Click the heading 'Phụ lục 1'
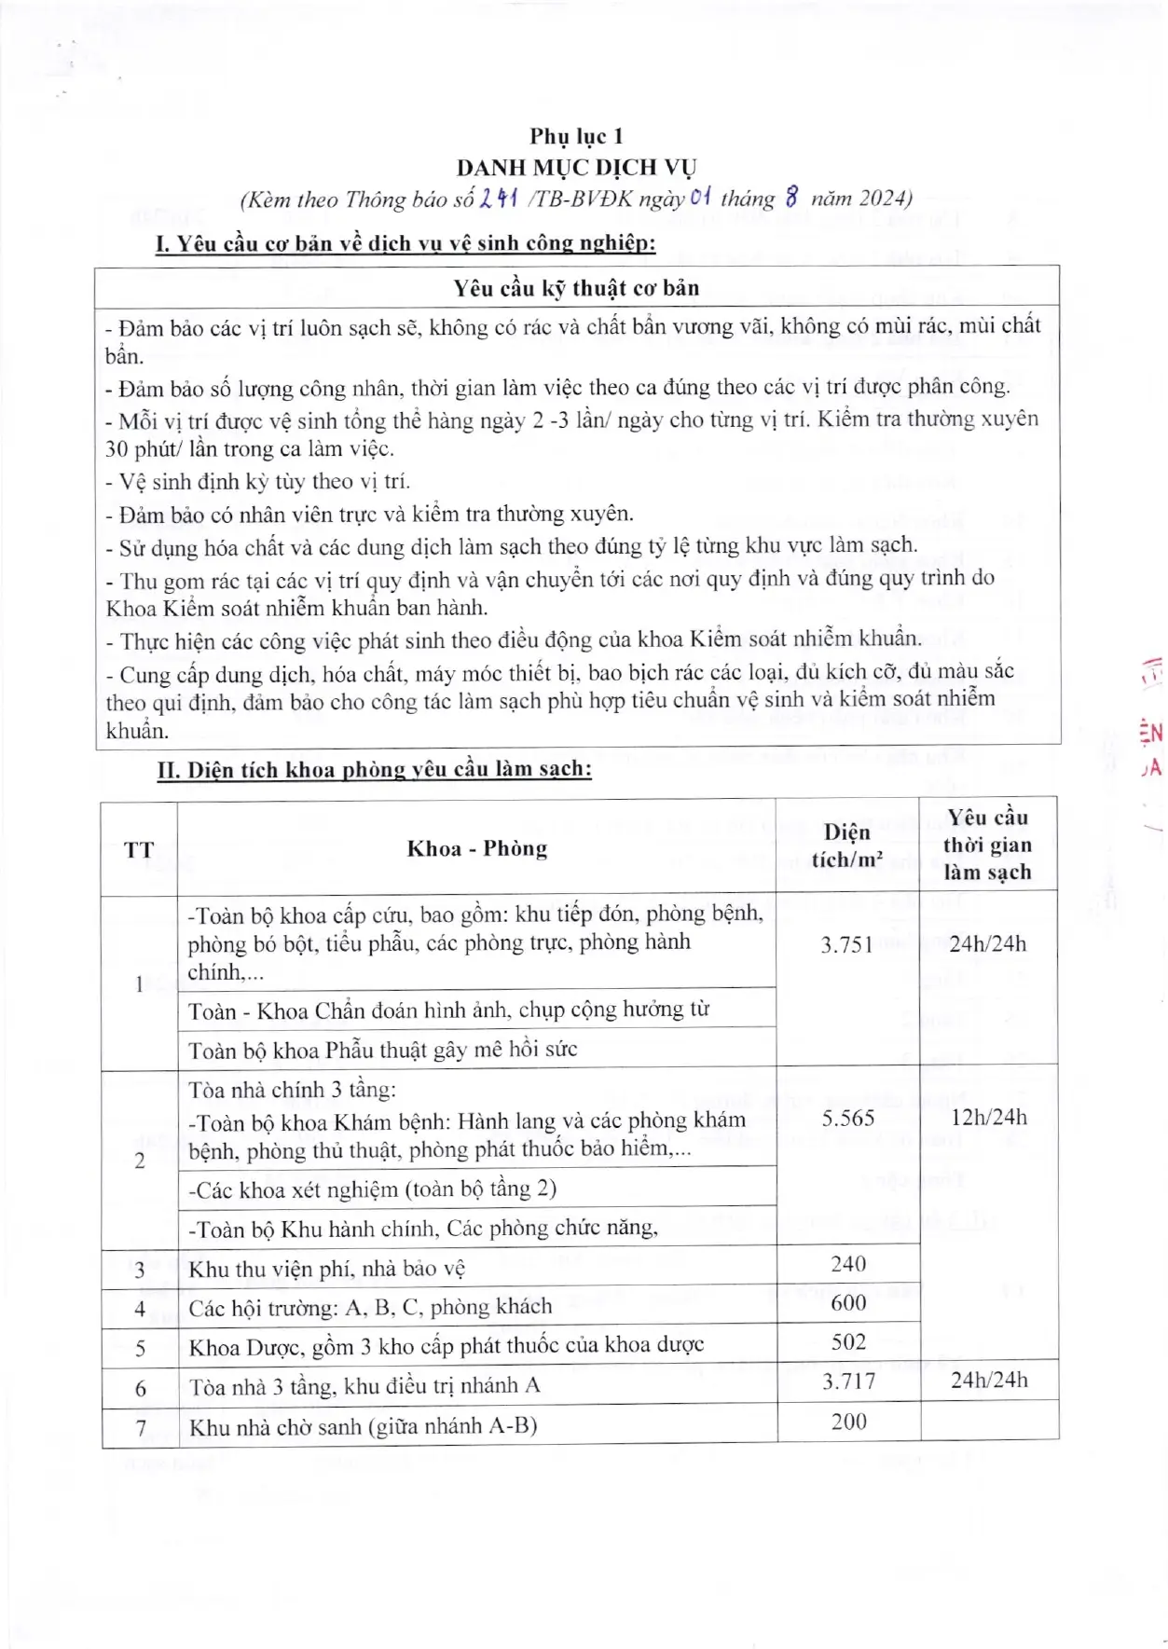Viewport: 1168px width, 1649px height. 576,137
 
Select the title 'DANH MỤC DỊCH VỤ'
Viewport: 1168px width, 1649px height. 576,168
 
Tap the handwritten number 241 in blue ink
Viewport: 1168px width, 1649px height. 498,198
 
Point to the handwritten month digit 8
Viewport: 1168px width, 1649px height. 791,198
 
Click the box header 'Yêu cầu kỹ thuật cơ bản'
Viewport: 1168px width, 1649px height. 576,288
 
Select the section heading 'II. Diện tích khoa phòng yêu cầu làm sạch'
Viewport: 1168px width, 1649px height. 373,770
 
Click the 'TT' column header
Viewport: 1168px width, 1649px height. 139,849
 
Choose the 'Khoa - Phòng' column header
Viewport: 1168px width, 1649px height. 476,848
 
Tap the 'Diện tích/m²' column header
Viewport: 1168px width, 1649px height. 846,845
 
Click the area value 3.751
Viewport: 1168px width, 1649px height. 846,944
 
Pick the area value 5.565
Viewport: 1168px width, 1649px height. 847,1118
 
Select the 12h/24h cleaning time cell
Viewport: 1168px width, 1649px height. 988,1117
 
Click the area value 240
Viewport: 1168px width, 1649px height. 848,1264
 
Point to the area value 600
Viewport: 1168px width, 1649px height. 848,1303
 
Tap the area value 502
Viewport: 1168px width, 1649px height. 848,1342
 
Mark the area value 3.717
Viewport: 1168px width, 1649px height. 848,1381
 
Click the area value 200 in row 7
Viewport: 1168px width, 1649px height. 848,1422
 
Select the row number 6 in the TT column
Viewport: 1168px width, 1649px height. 141,1388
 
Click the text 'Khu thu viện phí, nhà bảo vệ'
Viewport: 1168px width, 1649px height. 326,1269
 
